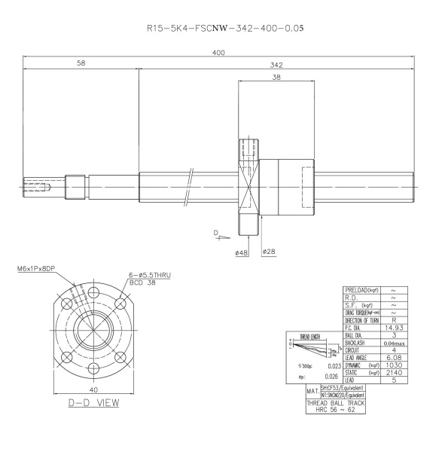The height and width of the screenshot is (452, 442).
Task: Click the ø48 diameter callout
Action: pyautogui.click(x=244, y=252)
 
